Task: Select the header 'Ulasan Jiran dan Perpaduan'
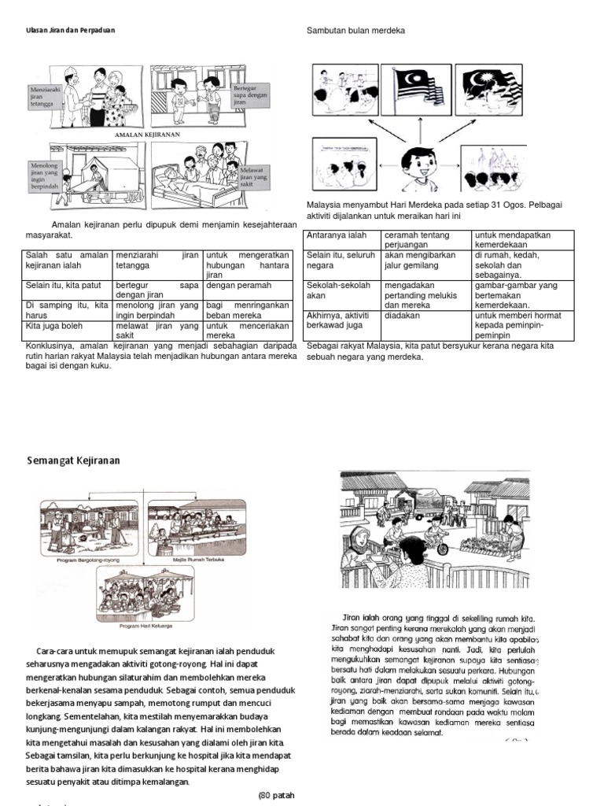(x=65, y=31)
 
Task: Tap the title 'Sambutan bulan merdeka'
(x=355, y=31)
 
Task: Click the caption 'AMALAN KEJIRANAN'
(x=148, y=135)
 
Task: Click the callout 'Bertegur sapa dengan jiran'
(x=250, y=95)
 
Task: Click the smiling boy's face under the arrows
(x=417, y=165)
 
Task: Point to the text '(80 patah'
(x=276, y=795)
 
